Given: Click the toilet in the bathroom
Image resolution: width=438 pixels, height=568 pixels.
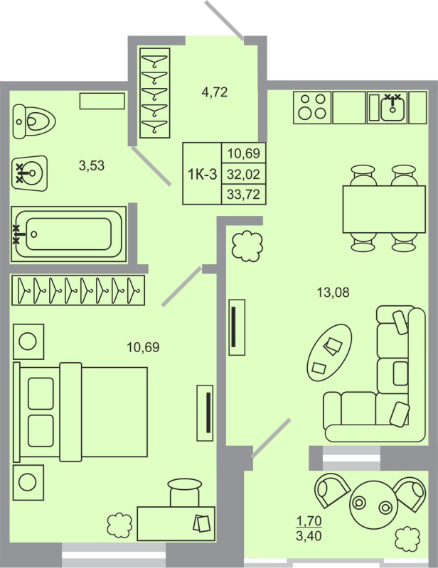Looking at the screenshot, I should [33, 122].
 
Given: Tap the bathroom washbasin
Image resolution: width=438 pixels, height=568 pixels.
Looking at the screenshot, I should [30, 171].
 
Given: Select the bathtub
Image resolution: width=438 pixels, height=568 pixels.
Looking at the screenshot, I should [67, 232].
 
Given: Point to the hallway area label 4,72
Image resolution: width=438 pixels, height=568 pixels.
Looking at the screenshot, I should [215, 91].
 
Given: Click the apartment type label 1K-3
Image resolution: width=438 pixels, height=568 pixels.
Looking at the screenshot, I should [202, 174].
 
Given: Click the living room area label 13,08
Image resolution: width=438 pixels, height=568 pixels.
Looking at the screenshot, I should [333, 290].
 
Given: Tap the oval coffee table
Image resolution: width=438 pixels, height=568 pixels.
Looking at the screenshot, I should [329, 351].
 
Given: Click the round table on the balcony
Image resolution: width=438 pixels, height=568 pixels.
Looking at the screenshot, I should [371, 505].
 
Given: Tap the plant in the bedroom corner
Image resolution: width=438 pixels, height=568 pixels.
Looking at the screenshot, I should [119, 526].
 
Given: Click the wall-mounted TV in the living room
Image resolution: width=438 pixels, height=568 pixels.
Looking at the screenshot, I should [236, 327].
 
